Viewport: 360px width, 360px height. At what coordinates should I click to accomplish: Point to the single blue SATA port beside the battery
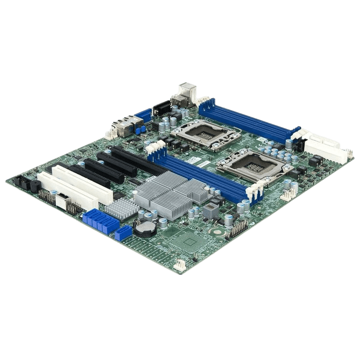coord(123,233)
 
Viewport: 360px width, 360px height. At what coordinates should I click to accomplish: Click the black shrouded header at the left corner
coord(22,182)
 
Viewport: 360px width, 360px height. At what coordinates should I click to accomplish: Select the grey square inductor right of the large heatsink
coord(210,211)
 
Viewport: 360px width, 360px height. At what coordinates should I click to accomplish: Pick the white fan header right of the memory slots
coord(288,195)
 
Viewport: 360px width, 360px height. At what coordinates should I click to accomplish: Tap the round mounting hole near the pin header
coord(216,231)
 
